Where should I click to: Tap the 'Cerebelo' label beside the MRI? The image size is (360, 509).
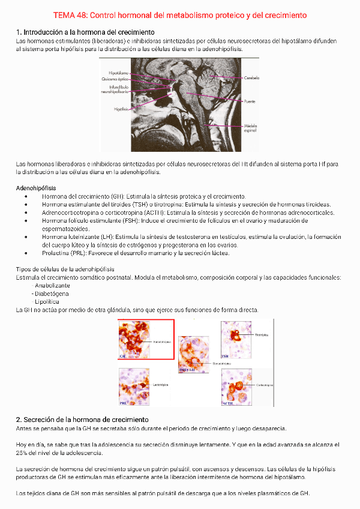251,78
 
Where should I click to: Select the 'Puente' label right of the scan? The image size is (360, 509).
250,102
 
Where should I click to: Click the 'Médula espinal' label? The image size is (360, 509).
250,128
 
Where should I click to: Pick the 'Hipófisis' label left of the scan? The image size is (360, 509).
121,109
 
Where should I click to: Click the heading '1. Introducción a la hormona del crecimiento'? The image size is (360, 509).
85,32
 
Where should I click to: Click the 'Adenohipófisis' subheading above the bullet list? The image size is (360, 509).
37,188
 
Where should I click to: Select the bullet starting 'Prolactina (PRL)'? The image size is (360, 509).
136,253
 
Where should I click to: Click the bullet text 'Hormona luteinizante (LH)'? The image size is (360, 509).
80,237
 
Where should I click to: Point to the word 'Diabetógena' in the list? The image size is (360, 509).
52,294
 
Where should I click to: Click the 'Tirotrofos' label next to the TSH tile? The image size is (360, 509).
262,335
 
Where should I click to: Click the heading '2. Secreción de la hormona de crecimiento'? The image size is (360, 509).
82,419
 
